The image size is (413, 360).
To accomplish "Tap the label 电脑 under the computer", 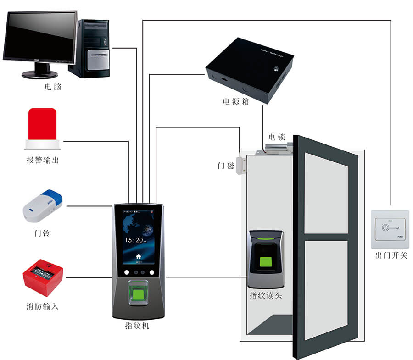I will pos(53,87).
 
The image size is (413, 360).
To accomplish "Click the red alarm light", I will pos(42,125).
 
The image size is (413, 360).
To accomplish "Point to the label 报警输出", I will pos(43,160).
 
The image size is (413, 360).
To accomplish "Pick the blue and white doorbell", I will pos(43,205).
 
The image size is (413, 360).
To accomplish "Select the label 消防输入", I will pos(42,306).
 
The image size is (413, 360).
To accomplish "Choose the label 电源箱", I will pos(236,102).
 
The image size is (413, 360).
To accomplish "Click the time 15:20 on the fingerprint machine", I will pos(134,240).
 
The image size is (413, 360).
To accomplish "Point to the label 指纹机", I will pos(137,326).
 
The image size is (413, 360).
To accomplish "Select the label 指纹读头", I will pos(265,295).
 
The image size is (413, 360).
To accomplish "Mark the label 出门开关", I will pos(391,255).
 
